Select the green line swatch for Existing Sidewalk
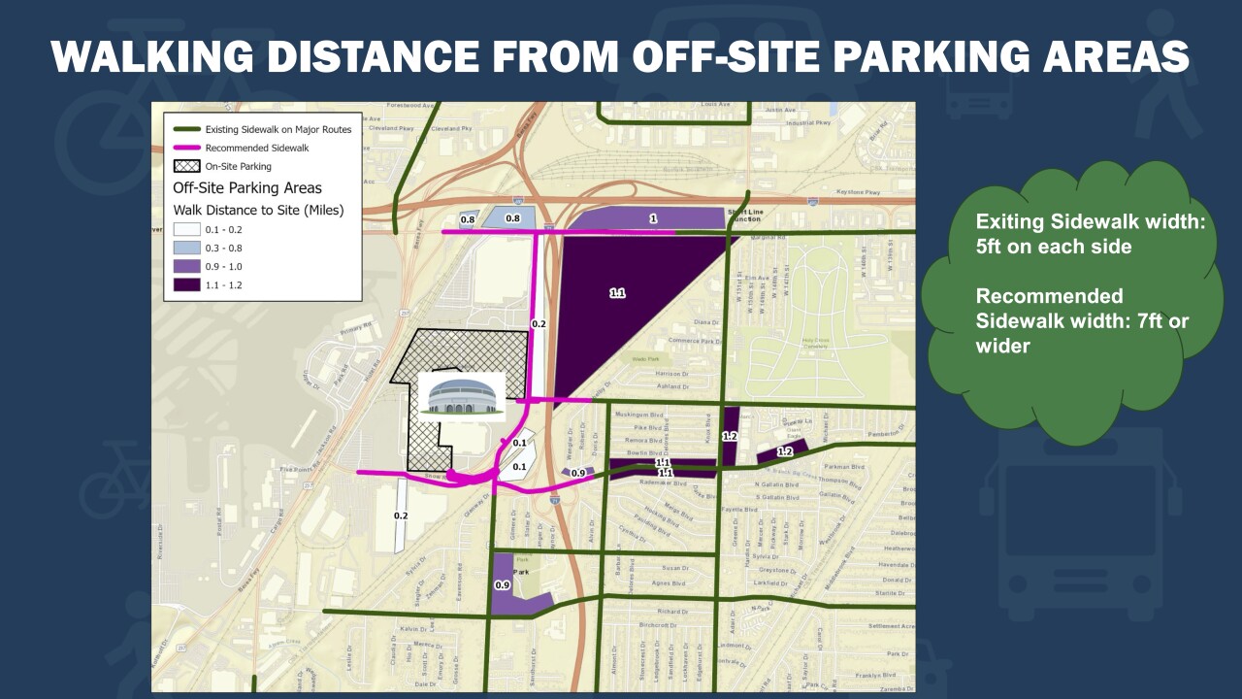point(186,129)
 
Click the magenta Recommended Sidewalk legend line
point(186,148)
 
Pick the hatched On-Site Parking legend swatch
point(186,166)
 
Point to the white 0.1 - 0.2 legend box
point(186,229)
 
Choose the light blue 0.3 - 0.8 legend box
point(186,247)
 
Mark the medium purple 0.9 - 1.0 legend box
point(186,265)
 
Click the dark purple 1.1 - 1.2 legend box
point(186,283)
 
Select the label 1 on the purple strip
point(653,219)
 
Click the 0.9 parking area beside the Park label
point(514,585)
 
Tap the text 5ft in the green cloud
point(993,247)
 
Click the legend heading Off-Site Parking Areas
point(246,187)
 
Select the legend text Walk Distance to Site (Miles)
point(258,209)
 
